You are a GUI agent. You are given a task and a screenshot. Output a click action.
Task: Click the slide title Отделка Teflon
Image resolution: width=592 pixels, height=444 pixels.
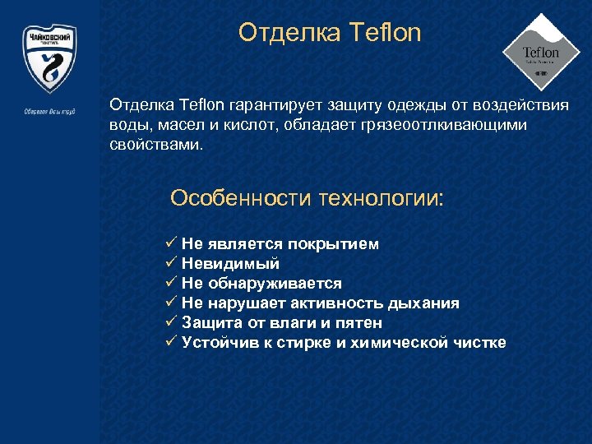(330, 33)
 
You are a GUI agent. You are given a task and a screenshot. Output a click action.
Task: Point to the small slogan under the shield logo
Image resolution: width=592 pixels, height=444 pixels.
(49, 111)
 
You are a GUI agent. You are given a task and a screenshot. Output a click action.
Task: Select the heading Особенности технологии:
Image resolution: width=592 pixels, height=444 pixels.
(306, 199)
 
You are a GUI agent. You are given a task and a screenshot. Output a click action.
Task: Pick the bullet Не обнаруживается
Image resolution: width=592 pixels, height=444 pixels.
(261, 284)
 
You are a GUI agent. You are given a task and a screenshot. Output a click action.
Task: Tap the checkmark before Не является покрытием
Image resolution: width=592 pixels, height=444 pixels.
(171, 243)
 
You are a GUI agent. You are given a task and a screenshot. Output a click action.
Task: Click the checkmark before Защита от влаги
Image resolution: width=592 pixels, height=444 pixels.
(171, 322)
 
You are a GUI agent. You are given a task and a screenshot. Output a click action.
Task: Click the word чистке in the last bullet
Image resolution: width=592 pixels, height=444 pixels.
(480, 343)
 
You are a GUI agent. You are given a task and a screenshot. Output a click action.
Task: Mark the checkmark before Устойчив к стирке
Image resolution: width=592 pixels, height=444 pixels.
(171, 342)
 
